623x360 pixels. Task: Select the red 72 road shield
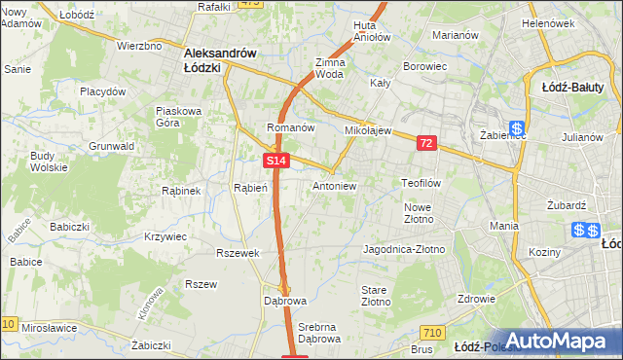coord(426,143)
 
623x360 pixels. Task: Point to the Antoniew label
coord(334,185)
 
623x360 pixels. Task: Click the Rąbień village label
coord(250,188)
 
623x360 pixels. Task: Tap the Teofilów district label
coord(421,183)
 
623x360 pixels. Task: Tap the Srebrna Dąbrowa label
coord(319,334)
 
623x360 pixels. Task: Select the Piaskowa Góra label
coord(178,117)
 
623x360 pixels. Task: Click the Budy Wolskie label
coord(44,162)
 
